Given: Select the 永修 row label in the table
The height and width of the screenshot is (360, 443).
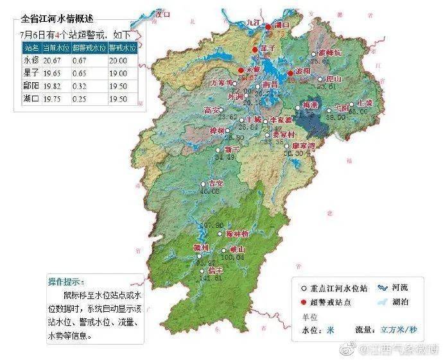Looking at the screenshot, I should (x=31, y=60).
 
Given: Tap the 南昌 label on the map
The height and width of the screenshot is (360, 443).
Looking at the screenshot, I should (x=270, y=84).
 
